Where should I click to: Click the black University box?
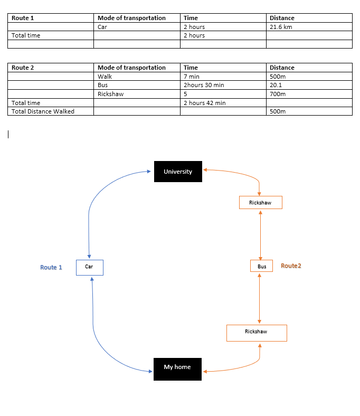point(178,172)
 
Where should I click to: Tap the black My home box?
point(177,369)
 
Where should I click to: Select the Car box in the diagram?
point(90,268)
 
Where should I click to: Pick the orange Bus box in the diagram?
point(262,266)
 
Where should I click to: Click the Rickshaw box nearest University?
point(261,202)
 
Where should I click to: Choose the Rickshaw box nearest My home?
point(257,333)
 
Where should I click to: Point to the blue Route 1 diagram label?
point(51,267)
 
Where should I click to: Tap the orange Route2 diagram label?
point(291,266)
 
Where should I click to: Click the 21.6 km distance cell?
point(309,27)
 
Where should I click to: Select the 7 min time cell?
point(223,77)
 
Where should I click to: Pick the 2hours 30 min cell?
point(223,85)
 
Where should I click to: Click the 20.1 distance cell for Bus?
point(309,85)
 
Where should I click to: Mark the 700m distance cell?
point(309,94)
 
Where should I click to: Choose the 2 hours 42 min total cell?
point(223,103)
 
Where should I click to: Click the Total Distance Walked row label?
point(43,111)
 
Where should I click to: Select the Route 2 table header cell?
point(51,68)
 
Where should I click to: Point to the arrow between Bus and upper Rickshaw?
point(261,235)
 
